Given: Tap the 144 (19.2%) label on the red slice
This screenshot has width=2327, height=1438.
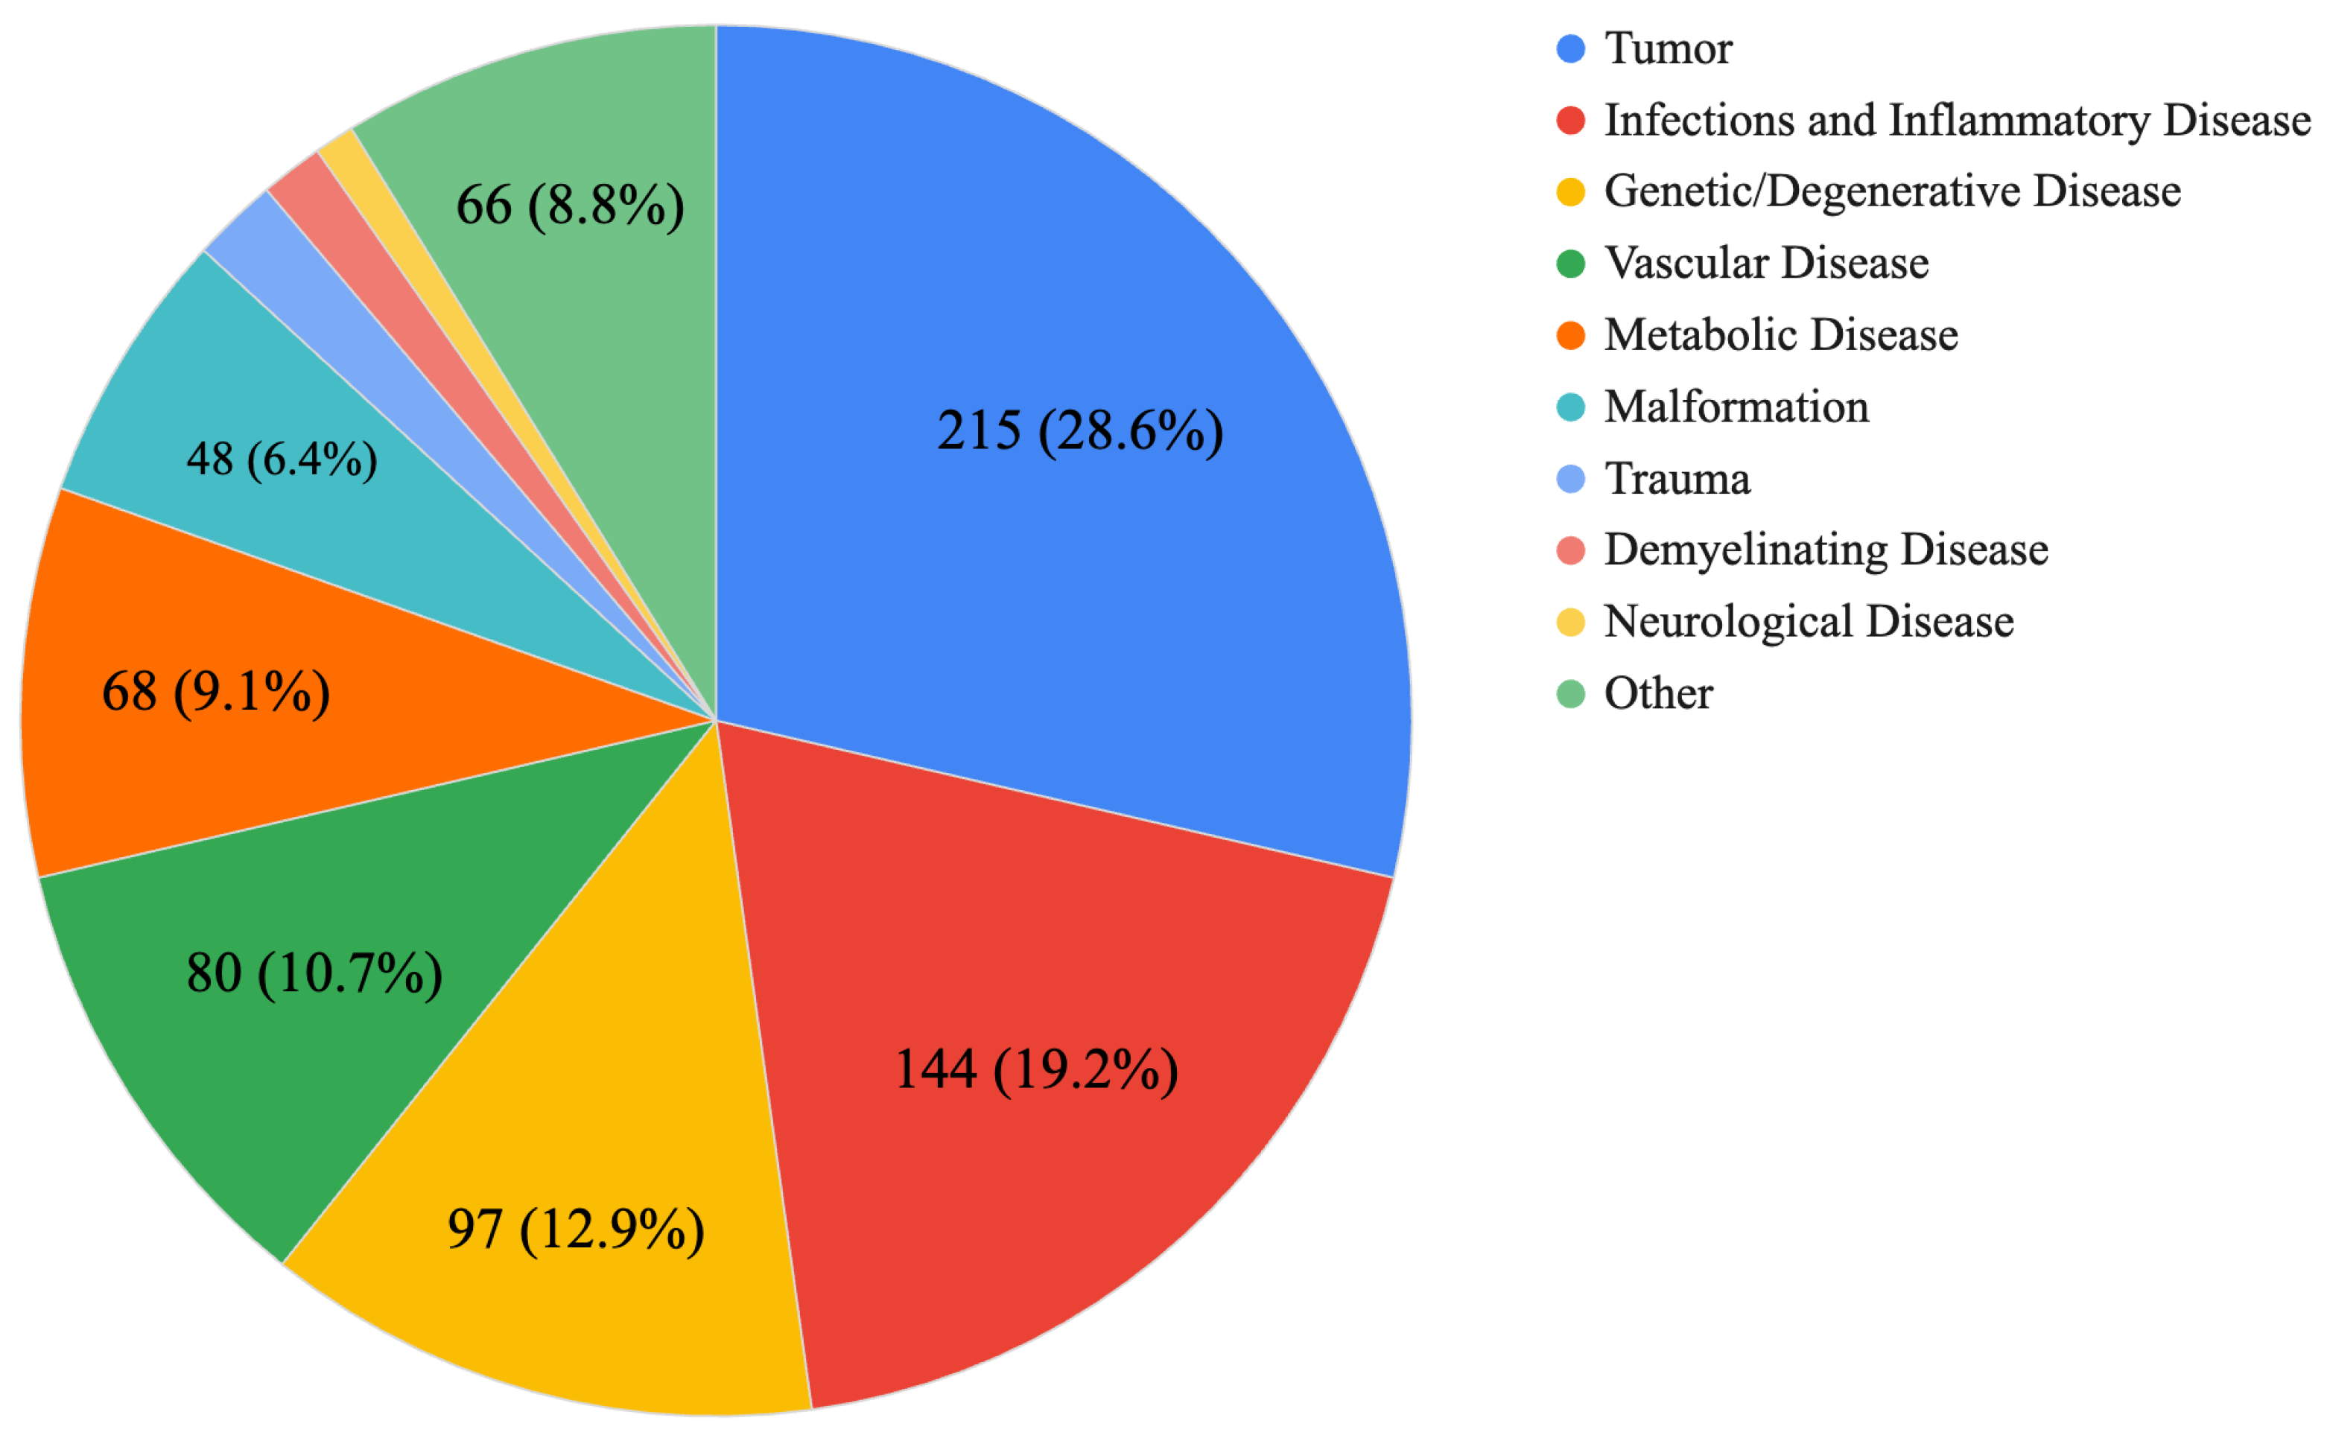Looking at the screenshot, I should pyautogui.click(x=1036, y=1069).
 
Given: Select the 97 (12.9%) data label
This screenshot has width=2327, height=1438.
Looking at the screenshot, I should pyautogui.click(x=576, y=1229).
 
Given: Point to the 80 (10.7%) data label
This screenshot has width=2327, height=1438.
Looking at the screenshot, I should pyautogui.click(x=314, y=973).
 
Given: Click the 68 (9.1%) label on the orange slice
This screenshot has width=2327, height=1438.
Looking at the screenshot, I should pyautogui.click(x=216, y=691).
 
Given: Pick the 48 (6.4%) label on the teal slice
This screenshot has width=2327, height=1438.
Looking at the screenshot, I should pyautogui.click(x=282, y=459).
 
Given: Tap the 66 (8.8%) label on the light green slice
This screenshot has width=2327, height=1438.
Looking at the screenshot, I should pyautogui.click(x=570, y=206).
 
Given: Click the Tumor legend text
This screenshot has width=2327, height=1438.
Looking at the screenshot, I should pyautogui.click(x=1667, y=48).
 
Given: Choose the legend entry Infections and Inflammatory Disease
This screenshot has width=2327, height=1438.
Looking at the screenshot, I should pyautogui.click(x=1956, y=121).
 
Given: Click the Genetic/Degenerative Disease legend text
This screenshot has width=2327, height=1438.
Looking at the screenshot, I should pyautogui.click(x=1891, y=191).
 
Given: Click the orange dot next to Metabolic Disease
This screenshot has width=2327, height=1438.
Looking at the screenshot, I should pyautogui.click(x=1569, y=336).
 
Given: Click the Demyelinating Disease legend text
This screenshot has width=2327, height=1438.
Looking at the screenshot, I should pyautogui.click(x=1825, y=550).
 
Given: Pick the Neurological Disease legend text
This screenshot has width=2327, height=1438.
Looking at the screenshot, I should pyautogui.click(x=1808, y=622).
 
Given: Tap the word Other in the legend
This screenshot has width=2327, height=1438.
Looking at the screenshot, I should pyautogui.click(x=1657, y=693).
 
